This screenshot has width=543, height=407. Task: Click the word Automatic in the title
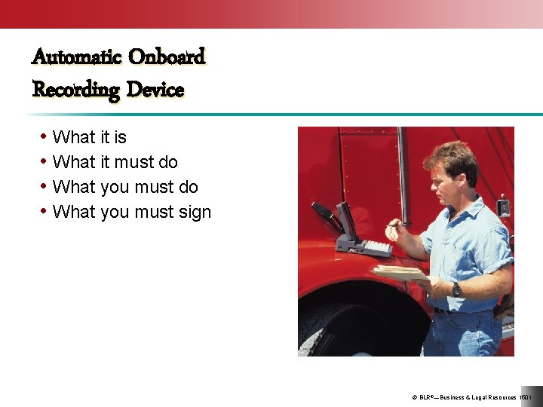(77, 57)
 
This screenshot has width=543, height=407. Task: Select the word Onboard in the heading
(167, 57)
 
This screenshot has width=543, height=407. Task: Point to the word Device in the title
(155, 90)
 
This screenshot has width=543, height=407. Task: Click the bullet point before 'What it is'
(44, 137)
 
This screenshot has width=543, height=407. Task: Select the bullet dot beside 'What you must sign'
(44, 212)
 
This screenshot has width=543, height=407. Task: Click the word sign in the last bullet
(195, 213)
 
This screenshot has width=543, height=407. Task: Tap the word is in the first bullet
(119, 137)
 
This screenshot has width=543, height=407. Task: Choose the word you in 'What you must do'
(115, 187)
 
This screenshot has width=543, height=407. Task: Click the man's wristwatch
(456, 289)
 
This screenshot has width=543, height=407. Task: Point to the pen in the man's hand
(397, 224)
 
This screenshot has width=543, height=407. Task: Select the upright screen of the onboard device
(347, 219)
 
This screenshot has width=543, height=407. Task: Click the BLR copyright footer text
(471, 397)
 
